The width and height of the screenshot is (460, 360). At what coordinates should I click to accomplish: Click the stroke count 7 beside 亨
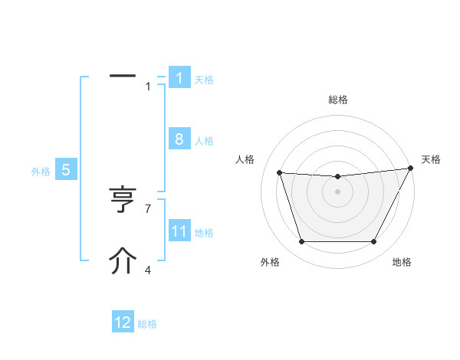tap(148, 208)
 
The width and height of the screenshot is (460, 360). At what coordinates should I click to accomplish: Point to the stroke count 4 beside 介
tap(148, 269)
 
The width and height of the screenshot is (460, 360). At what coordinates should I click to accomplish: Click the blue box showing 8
tap(179, 139)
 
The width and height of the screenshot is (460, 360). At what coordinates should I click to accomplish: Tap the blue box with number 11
tap(179, 231)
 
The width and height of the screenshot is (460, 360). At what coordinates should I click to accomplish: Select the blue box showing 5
tap(65, 170)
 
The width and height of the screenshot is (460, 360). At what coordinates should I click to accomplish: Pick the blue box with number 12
tap(123, 322)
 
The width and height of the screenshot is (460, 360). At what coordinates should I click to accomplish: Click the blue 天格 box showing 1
tap(179, 77)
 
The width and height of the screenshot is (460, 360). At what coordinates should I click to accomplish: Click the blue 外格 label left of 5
tap(41, 172)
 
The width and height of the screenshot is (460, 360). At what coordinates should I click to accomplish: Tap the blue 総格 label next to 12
tap(147, 324)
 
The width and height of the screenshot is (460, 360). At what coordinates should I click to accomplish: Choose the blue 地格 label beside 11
tap(204, 233)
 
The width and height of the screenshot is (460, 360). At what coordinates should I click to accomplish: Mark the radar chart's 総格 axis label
tap(337, 100)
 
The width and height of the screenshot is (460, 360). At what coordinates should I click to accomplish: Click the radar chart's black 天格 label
tap(432, 159)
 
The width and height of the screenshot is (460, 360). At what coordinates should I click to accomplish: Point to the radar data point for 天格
tap(410, 169)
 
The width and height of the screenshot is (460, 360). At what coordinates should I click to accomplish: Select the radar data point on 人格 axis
tap(279, 173)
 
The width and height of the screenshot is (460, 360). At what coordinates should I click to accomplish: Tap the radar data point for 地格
tap(373, 241)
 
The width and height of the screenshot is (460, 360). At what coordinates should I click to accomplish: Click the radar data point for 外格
tap(301, 241)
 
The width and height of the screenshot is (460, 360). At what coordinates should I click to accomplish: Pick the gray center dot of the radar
tap(337, 191)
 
